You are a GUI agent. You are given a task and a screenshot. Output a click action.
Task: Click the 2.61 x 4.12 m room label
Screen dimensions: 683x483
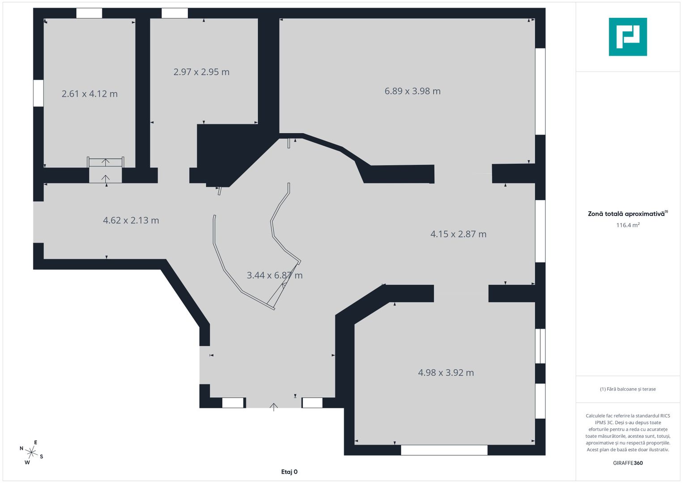[x=89, y=93]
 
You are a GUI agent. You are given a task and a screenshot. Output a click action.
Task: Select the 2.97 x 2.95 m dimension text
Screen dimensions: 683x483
[x=201, y=72]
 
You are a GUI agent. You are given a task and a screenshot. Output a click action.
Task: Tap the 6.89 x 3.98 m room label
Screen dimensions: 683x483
[x=412, y=91]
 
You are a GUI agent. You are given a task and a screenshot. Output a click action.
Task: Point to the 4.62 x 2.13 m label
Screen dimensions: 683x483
[x=131, y=220]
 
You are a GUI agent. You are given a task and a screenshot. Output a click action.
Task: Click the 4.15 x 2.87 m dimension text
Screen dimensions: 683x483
[x=458, y=234]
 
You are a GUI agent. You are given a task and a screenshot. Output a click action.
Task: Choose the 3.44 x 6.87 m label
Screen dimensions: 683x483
[x=275, y=275]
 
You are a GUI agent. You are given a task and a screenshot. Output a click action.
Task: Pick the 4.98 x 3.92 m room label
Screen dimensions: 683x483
[x=446, y=372]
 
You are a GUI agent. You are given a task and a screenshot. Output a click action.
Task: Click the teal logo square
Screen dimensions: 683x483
[x=628, y=37]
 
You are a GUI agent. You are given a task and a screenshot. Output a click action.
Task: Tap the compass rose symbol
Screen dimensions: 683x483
[x=31, y=453]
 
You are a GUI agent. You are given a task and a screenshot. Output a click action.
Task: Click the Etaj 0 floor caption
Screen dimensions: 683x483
[x=289, y=472]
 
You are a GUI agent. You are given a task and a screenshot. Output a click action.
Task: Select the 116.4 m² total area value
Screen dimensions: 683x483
[x=628, y=225]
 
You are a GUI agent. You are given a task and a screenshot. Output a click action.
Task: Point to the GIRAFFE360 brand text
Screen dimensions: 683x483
[x=628, y=463]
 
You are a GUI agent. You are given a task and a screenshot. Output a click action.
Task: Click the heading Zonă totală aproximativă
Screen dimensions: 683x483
[x=626, y=214]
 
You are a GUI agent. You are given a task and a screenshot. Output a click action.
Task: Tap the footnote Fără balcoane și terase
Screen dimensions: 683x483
[x=628, y=389]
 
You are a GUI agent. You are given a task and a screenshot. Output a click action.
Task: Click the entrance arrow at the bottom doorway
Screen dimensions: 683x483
[x=273, y=407]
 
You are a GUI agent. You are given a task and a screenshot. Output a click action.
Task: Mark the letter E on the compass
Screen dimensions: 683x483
[x=36, y=442]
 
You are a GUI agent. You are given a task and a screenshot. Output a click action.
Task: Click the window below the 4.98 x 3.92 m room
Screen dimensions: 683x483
[x=444, y=450]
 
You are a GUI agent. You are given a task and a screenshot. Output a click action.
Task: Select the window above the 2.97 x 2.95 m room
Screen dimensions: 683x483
[x=174, y=13]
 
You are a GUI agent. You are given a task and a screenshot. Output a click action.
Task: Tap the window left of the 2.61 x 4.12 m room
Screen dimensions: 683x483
[x=38, y=93]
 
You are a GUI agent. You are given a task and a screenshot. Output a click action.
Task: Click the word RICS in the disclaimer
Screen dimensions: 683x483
[x=665, y=415]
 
